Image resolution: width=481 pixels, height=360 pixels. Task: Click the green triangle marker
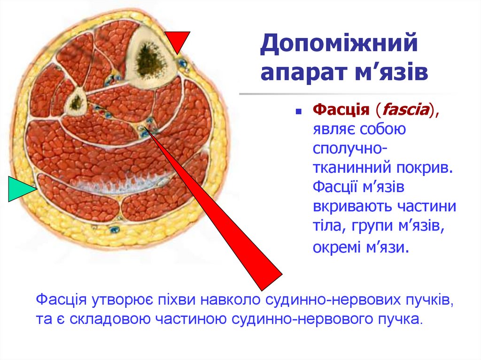pyautogui.click(x=20, y=189)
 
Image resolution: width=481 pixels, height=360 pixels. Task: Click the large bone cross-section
pyautogui.click(x=151, y=55)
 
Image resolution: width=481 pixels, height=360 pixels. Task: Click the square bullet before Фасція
pyautogui.click(x=298, y=113)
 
